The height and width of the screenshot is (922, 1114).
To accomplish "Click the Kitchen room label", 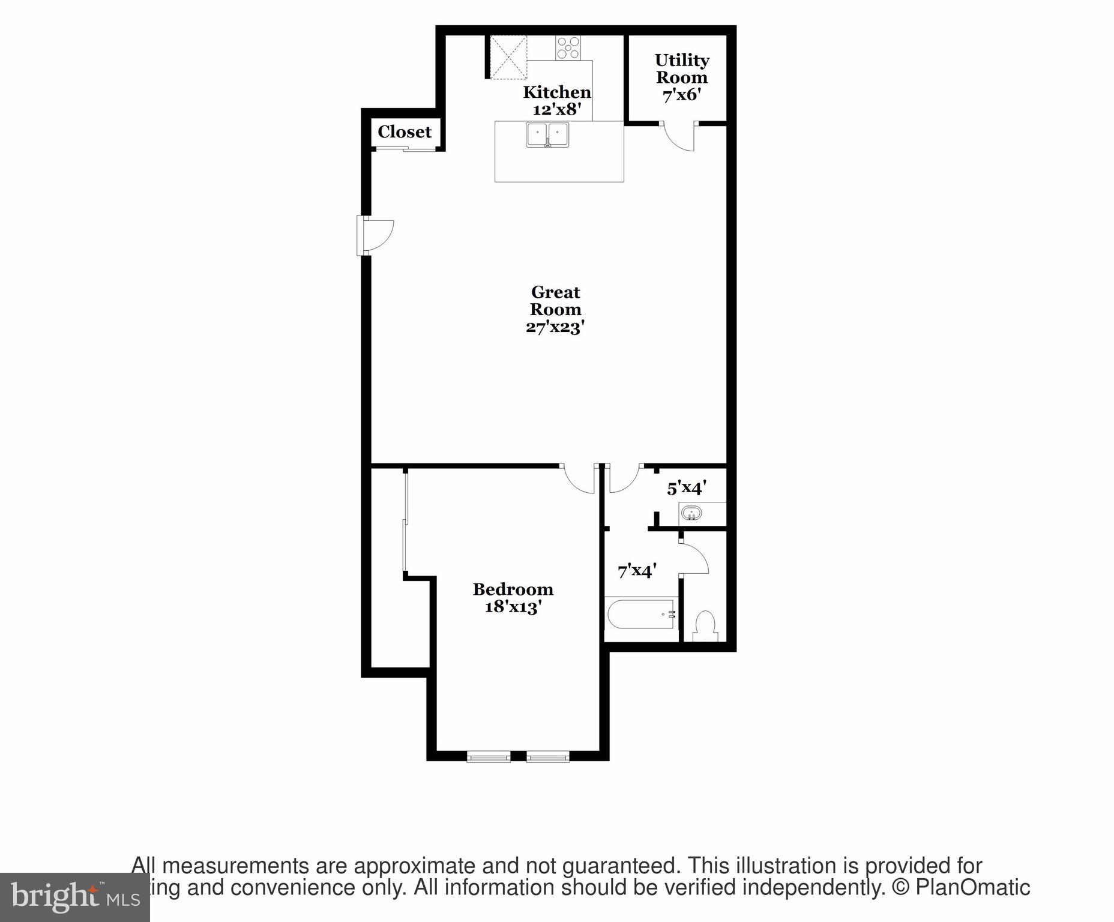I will pos(556,92).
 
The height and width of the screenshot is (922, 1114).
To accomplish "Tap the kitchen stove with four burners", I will pos(568,48).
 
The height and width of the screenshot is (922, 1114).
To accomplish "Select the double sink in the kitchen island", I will pos(547,134).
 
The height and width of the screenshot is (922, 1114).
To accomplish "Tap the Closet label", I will pos(405,131).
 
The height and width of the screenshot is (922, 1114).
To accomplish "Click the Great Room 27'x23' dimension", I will pos(555,327).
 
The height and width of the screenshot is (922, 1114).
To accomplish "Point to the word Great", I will pos(555,292).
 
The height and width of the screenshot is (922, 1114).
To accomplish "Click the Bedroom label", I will pos(513,589).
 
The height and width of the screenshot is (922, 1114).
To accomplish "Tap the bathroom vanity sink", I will pos(692,514).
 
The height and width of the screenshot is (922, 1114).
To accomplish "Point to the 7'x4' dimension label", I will pos(637,570).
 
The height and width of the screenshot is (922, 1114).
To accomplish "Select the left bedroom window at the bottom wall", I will pos(489,757).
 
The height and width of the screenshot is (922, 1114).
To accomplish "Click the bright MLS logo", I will pos(74,897).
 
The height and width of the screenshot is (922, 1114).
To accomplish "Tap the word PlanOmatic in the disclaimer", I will pos(972,888).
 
